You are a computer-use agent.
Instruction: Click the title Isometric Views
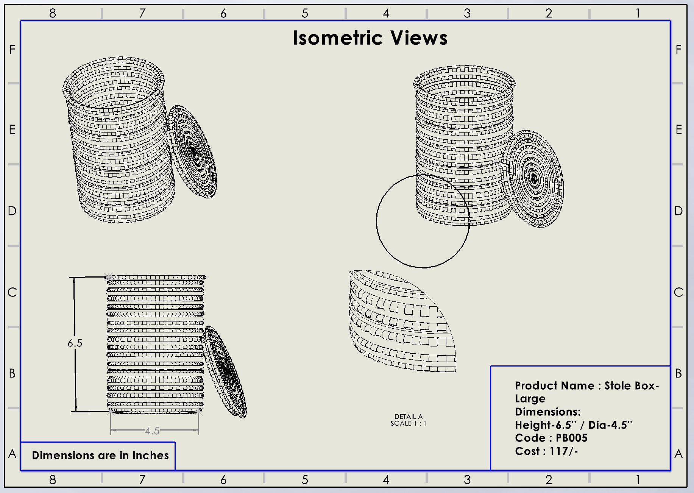[x=370, y=38]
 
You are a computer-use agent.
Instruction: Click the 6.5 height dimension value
[x=75, y=343]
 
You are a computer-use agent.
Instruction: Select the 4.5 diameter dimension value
[x=152, y=431]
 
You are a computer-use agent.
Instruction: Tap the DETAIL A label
[x=408, y=417]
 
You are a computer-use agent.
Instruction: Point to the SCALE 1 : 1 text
[x=408, y=423]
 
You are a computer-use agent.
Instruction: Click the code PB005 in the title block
[x=571, y=438]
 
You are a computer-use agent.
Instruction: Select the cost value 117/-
[x=564, y=451]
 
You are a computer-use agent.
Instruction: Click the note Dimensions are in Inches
[x=100, y=455]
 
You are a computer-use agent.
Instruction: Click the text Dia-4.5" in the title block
[x=610, y=425]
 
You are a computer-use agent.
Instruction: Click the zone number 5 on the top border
[x=305, y=13]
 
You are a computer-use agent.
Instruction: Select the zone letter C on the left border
[x=12, y=292]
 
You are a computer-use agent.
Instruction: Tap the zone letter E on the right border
[x=678, y=129]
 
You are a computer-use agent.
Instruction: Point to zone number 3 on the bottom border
[x=467, y=480]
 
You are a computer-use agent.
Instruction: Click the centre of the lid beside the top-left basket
[x=193, y=152]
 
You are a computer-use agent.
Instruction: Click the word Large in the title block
[x=530, y=399]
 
